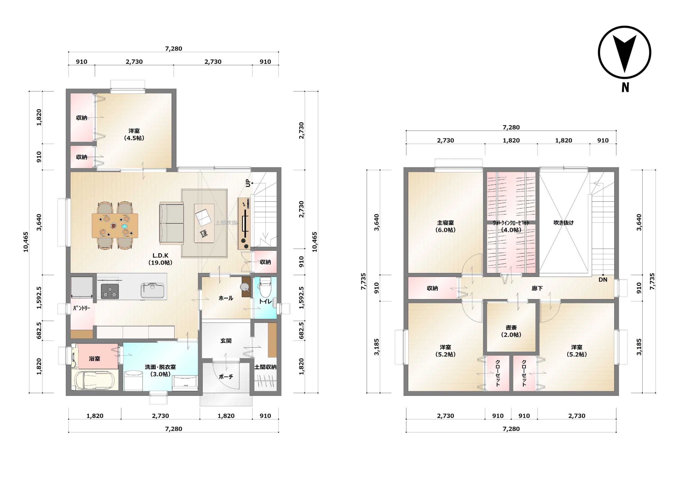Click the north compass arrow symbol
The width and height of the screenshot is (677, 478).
[625, 53]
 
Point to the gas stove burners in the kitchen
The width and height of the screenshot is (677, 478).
[110, 291]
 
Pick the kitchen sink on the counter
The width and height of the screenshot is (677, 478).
[152, 290]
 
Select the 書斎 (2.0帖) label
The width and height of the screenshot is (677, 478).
[511, 331]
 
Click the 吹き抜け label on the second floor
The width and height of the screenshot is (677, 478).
[564, 223]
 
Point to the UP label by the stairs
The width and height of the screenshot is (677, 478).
[248, 183]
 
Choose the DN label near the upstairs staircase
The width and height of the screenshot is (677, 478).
[603, 280]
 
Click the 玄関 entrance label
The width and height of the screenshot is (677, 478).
[226, 341]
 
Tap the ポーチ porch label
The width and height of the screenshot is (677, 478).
[226, 377]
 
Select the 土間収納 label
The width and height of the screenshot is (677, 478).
[265, 367]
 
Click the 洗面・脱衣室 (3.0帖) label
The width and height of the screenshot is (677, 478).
[161, 370]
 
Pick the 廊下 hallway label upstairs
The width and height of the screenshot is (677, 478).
[537, 288]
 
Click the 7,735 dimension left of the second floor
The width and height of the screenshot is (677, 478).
[363, 281]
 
